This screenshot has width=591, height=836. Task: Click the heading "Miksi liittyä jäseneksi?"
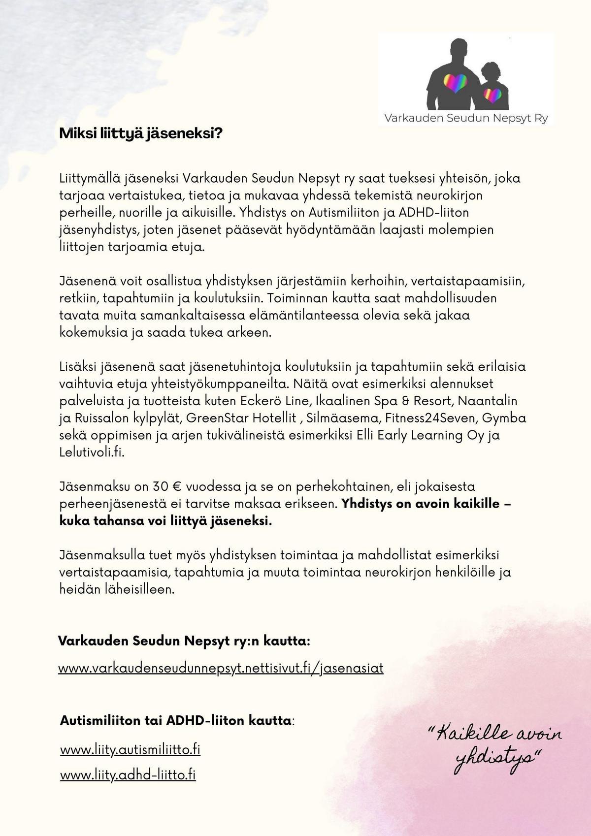pyautogui.click(x=141, y=133)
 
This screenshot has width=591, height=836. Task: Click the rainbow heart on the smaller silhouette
pyautogui.click(x=492, y=95)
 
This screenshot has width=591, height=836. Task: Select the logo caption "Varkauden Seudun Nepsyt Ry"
pyautogui.click(x=465, y=119)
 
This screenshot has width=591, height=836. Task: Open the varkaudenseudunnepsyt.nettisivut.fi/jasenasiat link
pyautogui.click(x=221, y=668)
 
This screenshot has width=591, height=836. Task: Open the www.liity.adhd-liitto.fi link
pyautogui.click(x=128, y=774)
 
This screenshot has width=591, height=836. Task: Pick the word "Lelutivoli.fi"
pyautogui.click(x=92, y=452)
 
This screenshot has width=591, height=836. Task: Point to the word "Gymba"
pyautogui.click(x=504, y=418)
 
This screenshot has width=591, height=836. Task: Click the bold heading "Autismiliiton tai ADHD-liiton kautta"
pyautogui.click(x=176, y=721)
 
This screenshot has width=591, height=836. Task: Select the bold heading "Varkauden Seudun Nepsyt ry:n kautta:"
pyautogui.click(x=184, y=641)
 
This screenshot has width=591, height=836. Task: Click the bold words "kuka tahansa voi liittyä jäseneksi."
pyautogui.click(x=165, y=521)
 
